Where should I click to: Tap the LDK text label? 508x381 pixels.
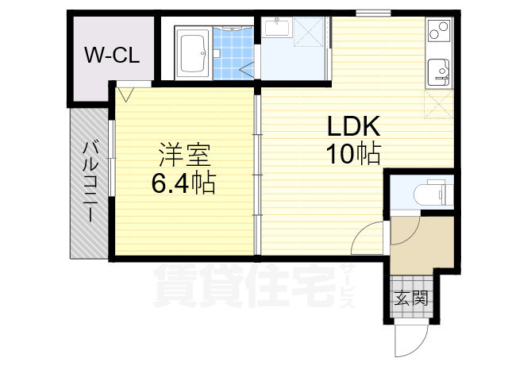click(353, 127)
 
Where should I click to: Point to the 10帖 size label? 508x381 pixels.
click(353, 153)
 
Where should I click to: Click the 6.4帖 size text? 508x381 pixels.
click(183, 183)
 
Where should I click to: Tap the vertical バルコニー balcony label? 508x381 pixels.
click(90, 181)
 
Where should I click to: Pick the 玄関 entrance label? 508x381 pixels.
click(412, 298)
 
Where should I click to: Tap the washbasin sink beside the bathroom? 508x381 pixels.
click(278, 29)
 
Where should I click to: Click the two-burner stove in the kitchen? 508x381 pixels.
click(438, 32)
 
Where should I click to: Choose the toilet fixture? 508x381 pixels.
click(433, 192)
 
